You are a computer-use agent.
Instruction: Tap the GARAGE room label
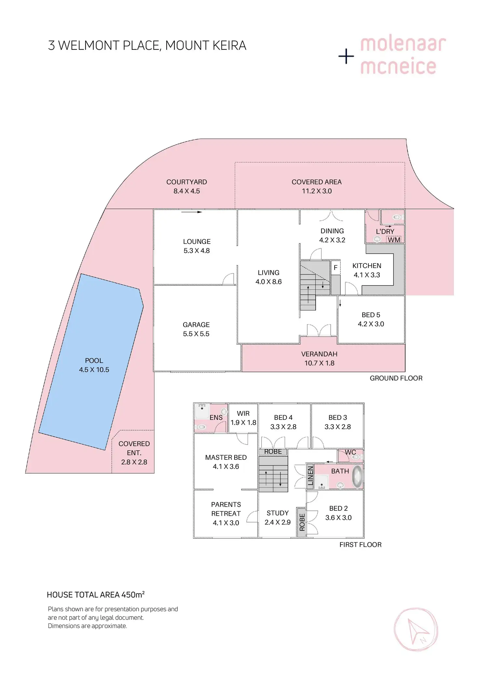point(196,325)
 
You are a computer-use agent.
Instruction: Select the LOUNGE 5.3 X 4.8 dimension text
point(197,251)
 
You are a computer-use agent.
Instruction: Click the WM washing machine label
point(394,240)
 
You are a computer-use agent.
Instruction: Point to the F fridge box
point(335,268)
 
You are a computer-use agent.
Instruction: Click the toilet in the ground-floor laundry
point(397,217)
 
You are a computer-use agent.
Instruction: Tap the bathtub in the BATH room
point(357,477)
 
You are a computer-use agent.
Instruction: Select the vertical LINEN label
point(310,476)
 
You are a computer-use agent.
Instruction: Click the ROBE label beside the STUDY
point(302,522)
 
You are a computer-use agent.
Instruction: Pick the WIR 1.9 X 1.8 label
point(243,418)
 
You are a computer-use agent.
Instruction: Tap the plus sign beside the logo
point(346,57)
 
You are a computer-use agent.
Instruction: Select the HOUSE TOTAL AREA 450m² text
point(96,595)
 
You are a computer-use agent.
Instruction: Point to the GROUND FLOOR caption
point(396,378)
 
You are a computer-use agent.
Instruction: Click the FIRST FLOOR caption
point(360,545)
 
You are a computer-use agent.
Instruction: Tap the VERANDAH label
point(319,354)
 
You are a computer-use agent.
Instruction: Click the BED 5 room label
point(371,315)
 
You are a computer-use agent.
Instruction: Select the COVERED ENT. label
point(134,448)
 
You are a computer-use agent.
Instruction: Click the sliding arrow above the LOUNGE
point(191,212)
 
